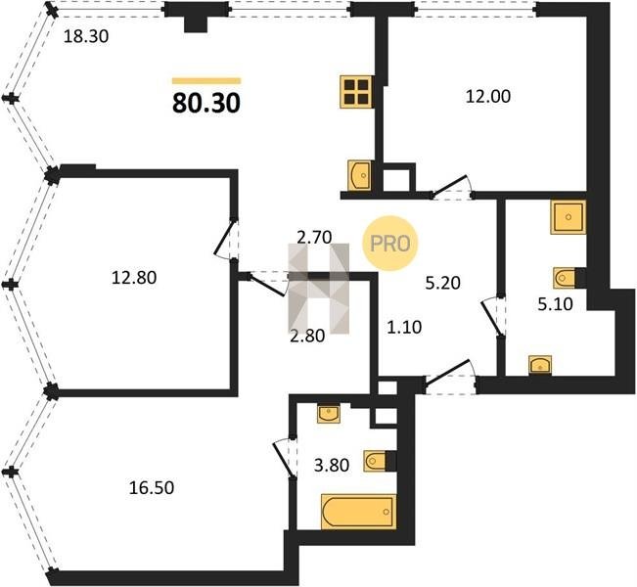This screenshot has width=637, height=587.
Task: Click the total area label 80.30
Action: click(206, 103)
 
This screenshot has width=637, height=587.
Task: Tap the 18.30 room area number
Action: click(86, 37)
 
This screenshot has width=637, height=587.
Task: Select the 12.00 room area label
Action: click(488, 97)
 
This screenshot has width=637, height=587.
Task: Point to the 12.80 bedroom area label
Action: click(134, 278)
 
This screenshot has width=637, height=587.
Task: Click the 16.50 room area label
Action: click(151, 487)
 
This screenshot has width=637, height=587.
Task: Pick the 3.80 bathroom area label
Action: click(332, 465)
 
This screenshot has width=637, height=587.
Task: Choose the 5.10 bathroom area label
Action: click(556, 304)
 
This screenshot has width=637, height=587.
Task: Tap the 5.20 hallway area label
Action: click(443, 283)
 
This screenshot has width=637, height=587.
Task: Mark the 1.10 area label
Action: click(404, 327)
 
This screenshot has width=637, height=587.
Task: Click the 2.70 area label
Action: click(314, 237)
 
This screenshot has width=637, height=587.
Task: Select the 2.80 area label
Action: click(307, 336)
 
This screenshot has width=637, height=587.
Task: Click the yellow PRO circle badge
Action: click(390, 244)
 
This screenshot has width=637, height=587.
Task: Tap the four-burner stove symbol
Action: click(356, 92)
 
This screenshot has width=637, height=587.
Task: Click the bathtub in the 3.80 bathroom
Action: click(358, 512)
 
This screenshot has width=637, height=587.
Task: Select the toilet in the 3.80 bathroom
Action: click(376, 461)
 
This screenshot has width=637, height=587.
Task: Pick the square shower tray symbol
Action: click(569, 217)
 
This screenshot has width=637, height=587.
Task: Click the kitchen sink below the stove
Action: click(360, 175)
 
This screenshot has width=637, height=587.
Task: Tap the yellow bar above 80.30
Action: click(206, 81)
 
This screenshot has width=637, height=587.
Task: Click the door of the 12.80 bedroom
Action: click(225, 241)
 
